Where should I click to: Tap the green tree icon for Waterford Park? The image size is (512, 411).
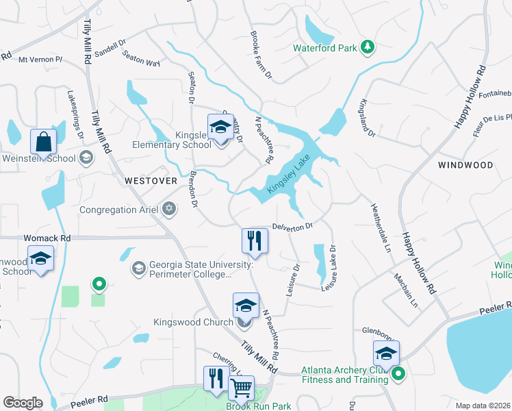[368, 47]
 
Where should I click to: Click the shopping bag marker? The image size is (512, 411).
[44, 143]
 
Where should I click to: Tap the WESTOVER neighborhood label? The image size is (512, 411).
[151, 181]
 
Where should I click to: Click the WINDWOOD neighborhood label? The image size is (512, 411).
[465, 165]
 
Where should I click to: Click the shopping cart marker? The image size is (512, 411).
[241, 388]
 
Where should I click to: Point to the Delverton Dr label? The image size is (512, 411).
[292, 225]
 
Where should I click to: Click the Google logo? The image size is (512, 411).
[23, 403]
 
